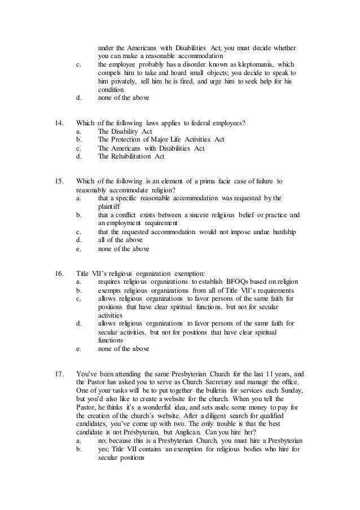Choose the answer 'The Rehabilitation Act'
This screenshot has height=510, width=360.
[x=131, y=156]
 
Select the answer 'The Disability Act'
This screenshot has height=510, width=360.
[x=126, y=132]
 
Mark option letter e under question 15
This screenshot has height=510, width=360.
[x=78, y=248]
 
